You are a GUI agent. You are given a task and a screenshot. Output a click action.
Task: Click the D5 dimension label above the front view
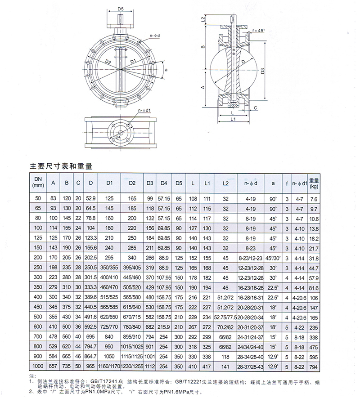(x=121, y=9)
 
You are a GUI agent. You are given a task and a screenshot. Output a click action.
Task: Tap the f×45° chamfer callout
(x=259, y=31)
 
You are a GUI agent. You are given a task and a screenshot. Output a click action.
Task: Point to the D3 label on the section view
(x=263, y=71)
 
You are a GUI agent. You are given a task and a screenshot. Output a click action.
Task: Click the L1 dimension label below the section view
(x=233, y=119)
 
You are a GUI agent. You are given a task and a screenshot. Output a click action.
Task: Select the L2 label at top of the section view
(x=203, y=19)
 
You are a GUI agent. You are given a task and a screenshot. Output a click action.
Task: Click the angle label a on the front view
(x=166, y=70)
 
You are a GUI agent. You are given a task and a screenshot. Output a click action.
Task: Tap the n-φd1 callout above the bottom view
(x=144, y=111)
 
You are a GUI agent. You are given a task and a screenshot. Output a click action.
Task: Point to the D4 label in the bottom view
(x=117, y=137)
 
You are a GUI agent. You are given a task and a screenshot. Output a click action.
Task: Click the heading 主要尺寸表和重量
(x=61, y=166)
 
